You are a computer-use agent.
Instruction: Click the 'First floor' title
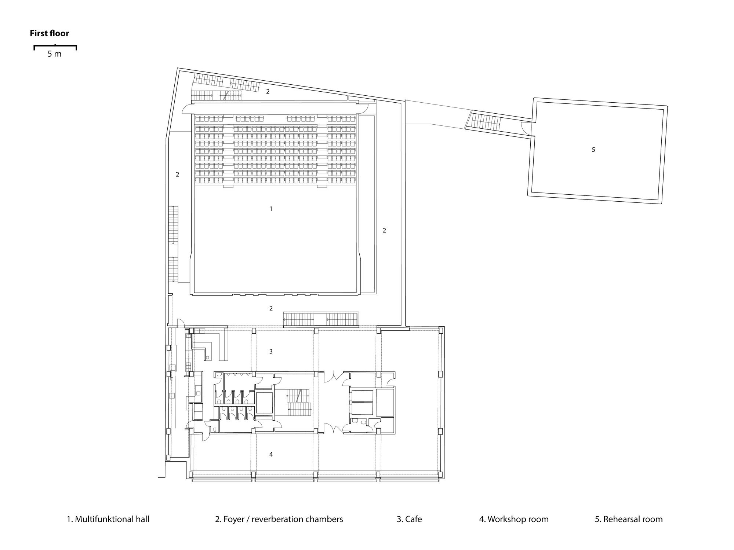[50, 33]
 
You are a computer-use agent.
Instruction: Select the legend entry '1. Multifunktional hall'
[108, 519]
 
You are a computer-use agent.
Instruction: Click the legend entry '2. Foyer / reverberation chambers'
[279, 519]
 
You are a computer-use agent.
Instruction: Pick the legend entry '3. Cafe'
[409, 519]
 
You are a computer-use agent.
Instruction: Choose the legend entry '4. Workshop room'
[514, 519]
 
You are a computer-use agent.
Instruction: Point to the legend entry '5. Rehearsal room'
[629, 519]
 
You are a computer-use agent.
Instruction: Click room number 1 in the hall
[271, 209]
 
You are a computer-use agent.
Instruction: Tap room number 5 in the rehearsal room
[593, 150]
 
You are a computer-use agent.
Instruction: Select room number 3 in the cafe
[271, 351]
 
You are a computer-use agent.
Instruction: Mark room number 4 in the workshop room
[271, 454]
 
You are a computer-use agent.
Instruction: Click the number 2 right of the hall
[384, 230]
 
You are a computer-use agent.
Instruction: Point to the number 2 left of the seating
[177, 174]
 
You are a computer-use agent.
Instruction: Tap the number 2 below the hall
[271, 308]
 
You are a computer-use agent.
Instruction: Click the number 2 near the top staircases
[268, 91]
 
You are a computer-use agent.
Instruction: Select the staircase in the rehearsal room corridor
[486, 121]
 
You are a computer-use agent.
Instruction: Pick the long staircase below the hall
[321, 319]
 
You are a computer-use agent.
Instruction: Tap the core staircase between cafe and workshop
[299, 402]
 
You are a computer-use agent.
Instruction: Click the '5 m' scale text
[54, 54]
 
